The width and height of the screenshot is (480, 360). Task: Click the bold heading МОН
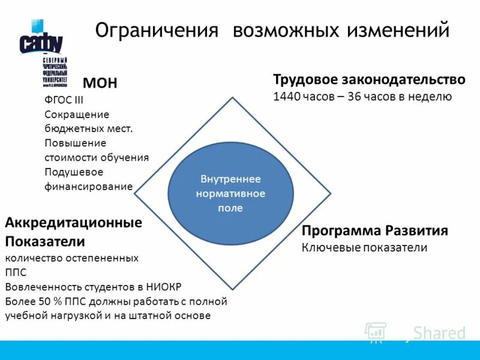[x=100, y=83]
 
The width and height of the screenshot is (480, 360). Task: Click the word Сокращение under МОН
[x=77, y=114]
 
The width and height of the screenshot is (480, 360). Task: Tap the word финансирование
[x=88, y=186]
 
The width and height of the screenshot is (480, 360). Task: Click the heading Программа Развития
[x=375, y=231]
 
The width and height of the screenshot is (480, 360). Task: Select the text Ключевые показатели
[x=364, y=247]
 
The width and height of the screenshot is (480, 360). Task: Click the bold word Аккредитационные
[x=73, y=223]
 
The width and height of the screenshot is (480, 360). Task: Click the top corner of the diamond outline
[x=232, y=96]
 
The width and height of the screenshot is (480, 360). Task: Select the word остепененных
[x=100, y=258]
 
